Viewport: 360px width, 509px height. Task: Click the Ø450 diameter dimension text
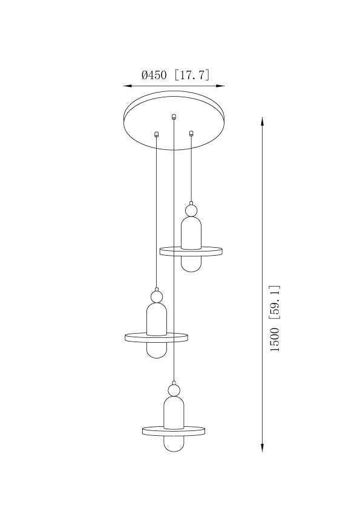154,76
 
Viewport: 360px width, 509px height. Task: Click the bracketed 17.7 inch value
192,76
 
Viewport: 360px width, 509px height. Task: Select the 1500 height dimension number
274,340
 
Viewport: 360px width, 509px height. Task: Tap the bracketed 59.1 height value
274,303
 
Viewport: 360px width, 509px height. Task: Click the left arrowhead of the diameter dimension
128,86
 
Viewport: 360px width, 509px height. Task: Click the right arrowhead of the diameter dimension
220,86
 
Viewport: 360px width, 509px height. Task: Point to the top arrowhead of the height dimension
262,121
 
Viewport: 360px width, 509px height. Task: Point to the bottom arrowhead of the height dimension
262,448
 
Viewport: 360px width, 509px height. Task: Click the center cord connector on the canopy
174,116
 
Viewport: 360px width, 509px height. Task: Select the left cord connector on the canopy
156,134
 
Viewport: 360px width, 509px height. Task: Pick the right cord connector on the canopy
191,133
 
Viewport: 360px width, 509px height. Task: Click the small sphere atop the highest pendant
191,210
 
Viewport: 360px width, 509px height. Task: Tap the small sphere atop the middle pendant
156,297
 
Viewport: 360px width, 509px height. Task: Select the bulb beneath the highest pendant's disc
191,263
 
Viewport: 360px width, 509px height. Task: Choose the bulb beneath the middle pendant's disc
156,350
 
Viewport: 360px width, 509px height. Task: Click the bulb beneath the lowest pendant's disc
174,444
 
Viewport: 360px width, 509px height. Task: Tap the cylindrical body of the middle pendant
156,319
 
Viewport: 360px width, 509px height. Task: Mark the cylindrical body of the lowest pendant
174,413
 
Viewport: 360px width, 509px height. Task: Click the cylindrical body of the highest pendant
191,233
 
